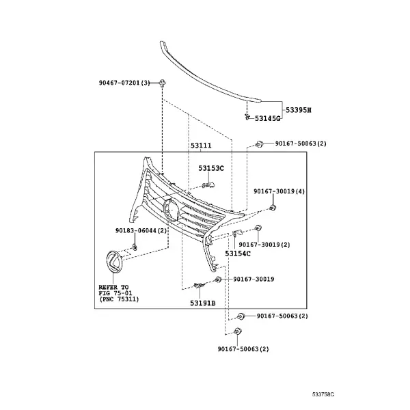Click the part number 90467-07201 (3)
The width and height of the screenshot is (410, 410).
coord(124,83)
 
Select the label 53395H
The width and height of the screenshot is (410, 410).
coord(299,110)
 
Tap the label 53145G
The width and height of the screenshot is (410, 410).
coord(267,118)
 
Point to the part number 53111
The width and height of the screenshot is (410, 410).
coord(201,146)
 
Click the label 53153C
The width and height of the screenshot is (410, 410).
coord(211,168)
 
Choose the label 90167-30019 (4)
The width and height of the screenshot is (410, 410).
coord(279,191)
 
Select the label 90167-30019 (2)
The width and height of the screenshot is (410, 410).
coord(264,245)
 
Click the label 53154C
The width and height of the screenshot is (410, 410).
coord(238,254)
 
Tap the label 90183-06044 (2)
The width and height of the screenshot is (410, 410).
coord(141,230)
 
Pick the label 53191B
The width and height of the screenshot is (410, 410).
coord(203,303)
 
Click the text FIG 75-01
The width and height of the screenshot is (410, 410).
coord(115,293)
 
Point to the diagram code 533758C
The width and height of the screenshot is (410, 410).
coord(323,394)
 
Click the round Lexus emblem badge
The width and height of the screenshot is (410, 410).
coord(114,262)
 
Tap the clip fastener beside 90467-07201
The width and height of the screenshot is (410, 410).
coord(163,83)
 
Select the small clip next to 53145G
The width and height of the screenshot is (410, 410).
coord(247,117)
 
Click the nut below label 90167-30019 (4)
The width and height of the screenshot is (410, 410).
coord(273,208)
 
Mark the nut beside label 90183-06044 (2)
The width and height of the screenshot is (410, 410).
coord(135,247)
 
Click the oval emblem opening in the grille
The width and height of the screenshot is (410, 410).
coord(171,209)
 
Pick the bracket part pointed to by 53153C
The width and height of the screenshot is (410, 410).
coord(208,185)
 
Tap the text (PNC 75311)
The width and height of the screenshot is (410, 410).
coord(119,299)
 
